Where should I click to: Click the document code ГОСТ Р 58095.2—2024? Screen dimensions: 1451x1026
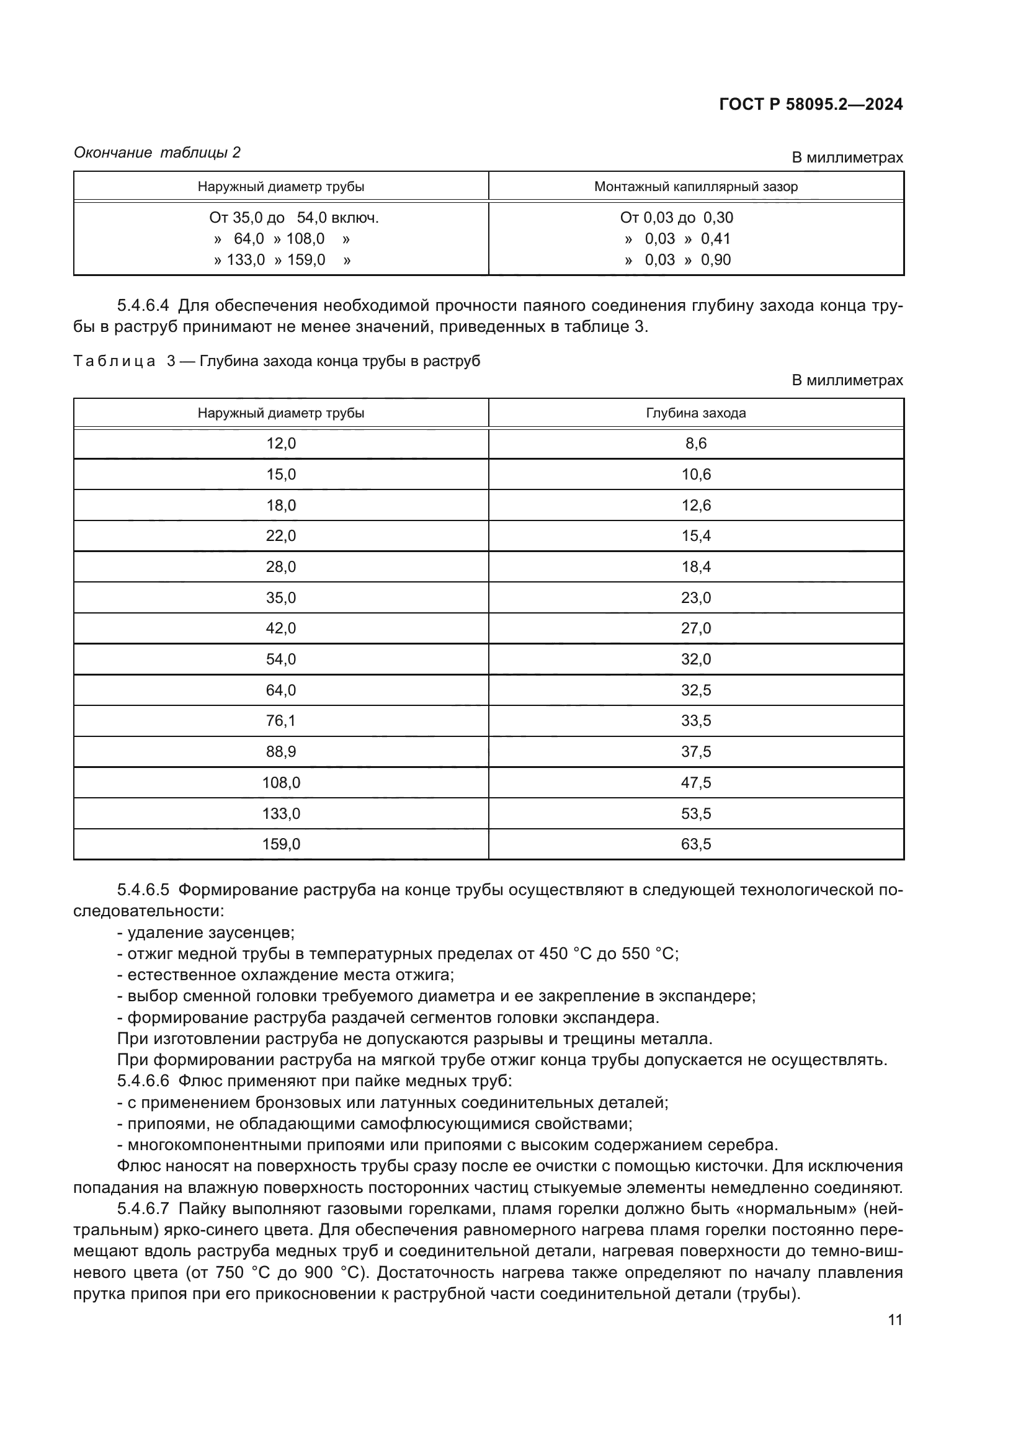pyautogui.click(x=811, y=104)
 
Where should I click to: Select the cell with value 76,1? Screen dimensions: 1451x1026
pyautogui.click(x=280, y=720)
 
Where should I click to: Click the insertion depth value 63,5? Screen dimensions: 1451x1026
pyautogui.click(x=695, y=844)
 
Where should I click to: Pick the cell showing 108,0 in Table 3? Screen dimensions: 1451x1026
pyautogui.click(x=280, y=782)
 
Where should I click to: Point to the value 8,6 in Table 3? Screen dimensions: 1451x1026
pyautogui.click(x=695, y=443)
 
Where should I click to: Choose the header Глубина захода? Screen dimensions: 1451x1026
pyautogui.click(x=695, y=413)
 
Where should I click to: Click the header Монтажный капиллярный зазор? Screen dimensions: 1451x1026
pyautogui.click(x=695, y=187)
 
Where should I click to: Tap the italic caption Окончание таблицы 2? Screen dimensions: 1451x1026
pyautogui.click(x=158, y=153)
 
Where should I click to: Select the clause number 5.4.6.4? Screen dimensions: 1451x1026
pyautogui.click(x=143, y=306)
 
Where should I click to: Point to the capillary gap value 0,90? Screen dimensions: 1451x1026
pyautogui.click(x=716, y=260)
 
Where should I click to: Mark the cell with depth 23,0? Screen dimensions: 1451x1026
pyautogui.click(x=695, y=597)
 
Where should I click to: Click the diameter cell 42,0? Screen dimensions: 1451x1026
pyautogui.click(x=280, y=628)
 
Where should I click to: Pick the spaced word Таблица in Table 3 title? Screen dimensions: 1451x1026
pyautogui.click(x=114, y=361)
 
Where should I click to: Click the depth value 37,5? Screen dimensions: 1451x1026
pyautogui.click(x=695, y=751)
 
